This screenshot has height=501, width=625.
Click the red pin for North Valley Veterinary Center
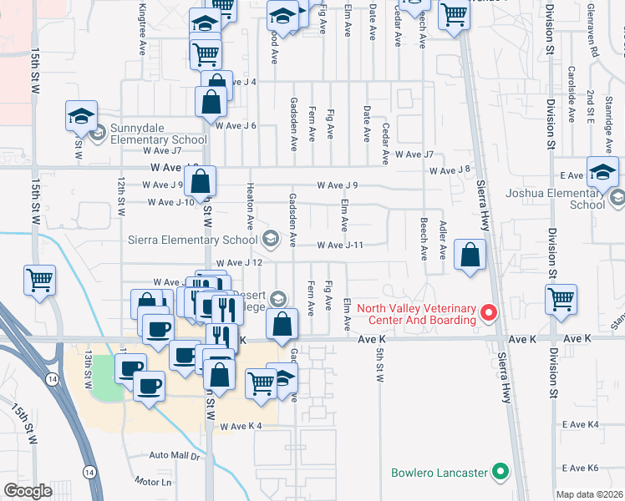490,315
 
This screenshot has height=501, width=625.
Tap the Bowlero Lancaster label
440,473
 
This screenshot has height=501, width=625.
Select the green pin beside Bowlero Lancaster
501,473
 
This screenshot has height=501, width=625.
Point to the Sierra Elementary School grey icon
270,240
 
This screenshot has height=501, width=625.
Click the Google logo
28,491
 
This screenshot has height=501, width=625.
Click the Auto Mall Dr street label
175,456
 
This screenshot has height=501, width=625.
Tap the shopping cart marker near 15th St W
39,281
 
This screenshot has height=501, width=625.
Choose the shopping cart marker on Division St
561,299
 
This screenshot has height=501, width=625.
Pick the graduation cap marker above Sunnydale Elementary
82,116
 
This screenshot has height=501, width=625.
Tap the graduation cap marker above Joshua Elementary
602,172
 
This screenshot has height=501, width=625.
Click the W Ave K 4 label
241,427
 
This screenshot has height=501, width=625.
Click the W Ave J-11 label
339,245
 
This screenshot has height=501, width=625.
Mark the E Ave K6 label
581,468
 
